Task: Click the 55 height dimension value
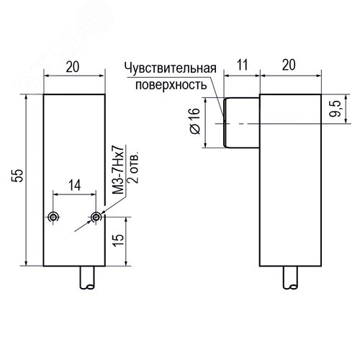[x=17, y=176]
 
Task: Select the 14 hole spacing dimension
[x=75, y=185]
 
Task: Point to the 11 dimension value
[x=242, y=65]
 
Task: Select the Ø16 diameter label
[x=195, y=121]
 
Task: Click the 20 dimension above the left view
[x=73, y=67]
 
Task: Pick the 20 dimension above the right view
[x=289, y=65]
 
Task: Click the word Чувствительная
[x=171, y=68]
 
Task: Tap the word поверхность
[x=171, y=85]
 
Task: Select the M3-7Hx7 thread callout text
[x=118, y=169]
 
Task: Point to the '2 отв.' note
[x=133, y=167]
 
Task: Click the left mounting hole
[x=53, y=217]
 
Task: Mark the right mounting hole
[x=96, y=217]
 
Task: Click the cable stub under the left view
[x=88, y=278]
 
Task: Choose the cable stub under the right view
[x=290, y=278]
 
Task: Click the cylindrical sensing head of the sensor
[x=241, y=122]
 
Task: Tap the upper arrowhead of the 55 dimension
[x=27, y=98]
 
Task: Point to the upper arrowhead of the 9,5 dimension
[x=346, y=98]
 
